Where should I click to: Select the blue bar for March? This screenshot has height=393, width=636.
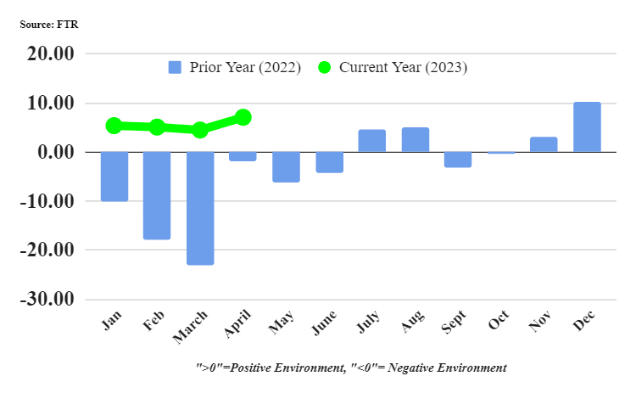pyautogui.click(x=200, y=208)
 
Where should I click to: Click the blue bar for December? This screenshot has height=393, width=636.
pyautogui.click(x=587, y=127)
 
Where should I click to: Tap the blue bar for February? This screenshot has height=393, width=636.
pyautogui.click(x=157, y=195)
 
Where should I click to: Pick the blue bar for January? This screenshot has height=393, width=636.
pyautogui.click(x=114, y=177)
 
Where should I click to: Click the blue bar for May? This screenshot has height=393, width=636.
pyautogui.click(x=286, y=167)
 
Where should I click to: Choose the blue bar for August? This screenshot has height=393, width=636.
pyautogui.click(x=416, y=140)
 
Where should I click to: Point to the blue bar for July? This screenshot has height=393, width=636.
pyautogui.click(x=372, y=141)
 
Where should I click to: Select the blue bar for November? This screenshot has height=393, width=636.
pyautogui.click(x=544, y=144)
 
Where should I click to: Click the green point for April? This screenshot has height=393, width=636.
pyautogui.click(x=243, y=117)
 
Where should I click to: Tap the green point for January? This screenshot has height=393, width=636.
pyautogui.click(x=114, y=126)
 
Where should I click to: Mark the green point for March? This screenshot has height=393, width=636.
pyautogui.click(x=200, y=130)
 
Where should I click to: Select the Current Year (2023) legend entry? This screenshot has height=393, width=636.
pyautogui.click(x=393, y=68)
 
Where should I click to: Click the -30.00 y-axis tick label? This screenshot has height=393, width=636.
pyautogui.click(x=50, y=300)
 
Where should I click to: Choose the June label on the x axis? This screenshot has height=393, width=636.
pyautogui.click(x=325, y=325)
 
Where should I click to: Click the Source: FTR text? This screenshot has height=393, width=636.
pyautogui.click(x=49, y=25)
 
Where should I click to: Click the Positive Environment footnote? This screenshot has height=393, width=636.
pyautogui.click(x=351, y=368)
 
